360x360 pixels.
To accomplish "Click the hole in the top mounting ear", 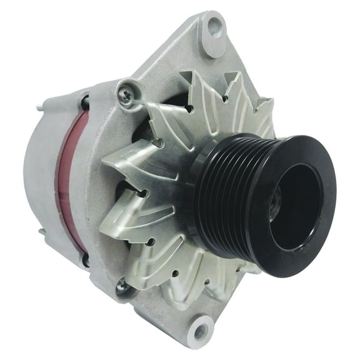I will (214, 27).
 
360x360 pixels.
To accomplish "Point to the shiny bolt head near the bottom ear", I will (121, 286).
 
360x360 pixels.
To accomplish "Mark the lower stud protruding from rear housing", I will (41, 232).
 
